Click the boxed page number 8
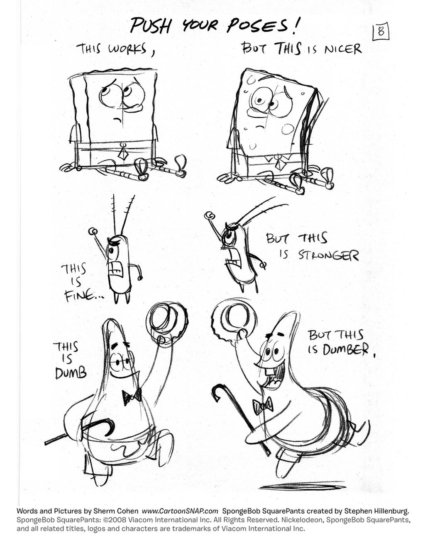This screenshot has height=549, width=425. coord(380,31)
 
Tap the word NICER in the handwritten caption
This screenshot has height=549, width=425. coord(343,49)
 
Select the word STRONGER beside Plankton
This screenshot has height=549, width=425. coord(328,255)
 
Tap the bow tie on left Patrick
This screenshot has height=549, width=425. coord(132,397)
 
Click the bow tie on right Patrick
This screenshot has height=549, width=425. coord(263,405)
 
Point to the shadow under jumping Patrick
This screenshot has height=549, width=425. coord(301,486)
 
